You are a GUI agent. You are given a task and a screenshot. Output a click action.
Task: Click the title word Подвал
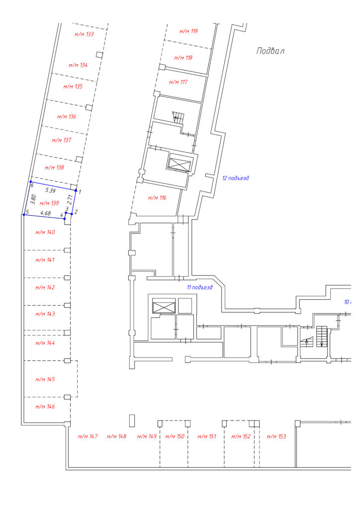[270, 51]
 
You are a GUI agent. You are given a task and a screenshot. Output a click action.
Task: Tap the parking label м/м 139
[49, 203]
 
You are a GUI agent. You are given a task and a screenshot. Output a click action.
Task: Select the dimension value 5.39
[50, 190]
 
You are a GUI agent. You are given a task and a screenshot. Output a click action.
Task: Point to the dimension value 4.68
[45, 213]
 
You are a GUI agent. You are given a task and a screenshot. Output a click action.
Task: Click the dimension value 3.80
[33, 199]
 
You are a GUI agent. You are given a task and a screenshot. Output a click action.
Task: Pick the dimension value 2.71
[70, 199]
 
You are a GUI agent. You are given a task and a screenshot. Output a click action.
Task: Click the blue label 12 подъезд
[236, 178]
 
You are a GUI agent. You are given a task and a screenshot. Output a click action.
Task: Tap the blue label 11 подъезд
[199, 287]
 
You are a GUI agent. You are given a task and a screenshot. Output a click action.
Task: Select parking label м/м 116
[157, 198]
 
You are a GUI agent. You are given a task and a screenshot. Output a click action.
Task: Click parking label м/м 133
[84, 34]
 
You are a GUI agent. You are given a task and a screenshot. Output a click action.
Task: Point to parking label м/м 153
[276, 436]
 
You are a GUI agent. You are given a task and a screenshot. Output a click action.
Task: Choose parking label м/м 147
[88, 436]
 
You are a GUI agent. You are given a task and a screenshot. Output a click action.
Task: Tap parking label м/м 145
[45, 379]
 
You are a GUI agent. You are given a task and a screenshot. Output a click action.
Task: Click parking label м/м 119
[188, 31]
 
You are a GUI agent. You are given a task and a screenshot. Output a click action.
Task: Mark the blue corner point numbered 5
[24, 215]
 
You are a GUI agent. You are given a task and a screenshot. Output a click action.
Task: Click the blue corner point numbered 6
[30, 182]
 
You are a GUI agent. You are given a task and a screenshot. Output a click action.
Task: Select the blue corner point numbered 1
[76, 190]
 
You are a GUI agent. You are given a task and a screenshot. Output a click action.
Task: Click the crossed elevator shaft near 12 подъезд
[178, 163]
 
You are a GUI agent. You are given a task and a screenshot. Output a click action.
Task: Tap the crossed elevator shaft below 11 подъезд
[164, 306]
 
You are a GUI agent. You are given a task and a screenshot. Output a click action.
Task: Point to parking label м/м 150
[175, 436]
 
